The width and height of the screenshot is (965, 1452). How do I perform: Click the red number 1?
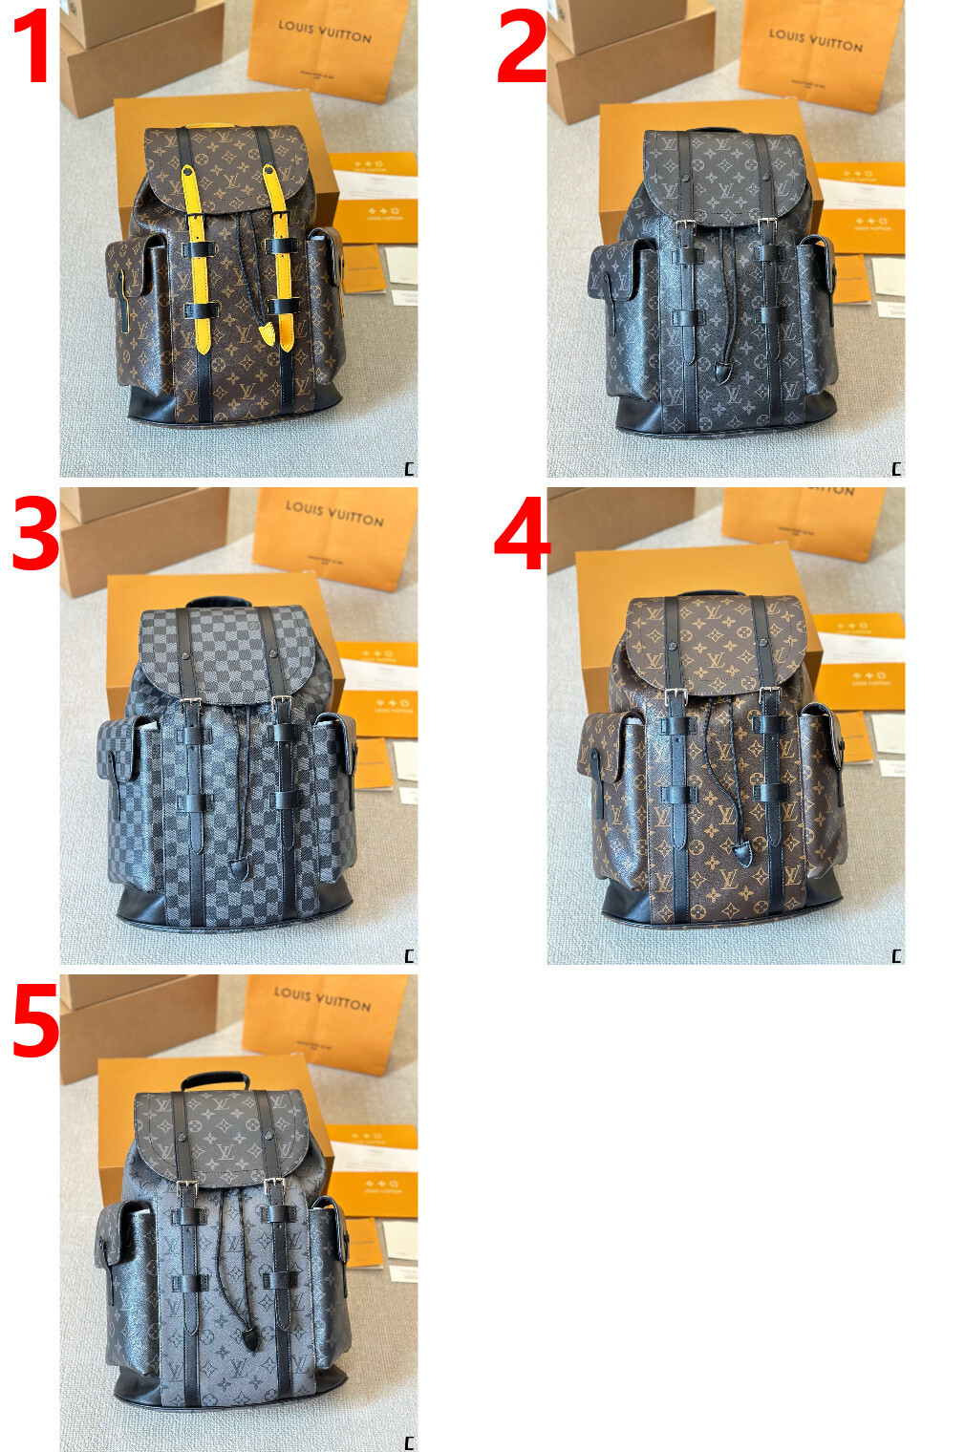point(32,45)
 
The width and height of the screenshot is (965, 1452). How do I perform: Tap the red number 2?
point(522,45)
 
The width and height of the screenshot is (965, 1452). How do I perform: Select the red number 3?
point(34,535)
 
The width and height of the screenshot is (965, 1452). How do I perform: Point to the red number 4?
point(522,535)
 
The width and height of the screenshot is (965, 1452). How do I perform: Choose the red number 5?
point(34,1022)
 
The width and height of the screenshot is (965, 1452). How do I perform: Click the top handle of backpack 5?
point(217,1079)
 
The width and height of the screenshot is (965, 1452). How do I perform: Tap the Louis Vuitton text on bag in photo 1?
point(324,32)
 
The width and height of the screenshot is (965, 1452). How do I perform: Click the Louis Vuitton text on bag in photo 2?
point(815,39)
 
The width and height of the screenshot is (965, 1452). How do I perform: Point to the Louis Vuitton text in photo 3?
point(333,513)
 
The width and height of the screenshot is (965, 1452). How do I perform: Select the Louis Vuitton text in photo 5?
point(322,998)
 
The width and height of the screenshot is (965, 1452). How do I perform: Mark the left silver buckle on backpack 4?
point(675,697)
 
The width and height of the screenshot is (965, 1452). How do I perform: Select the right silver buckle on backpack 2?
point(766,226)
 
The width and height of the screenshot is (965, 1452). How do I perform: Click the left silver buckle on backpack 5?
point(188,1188)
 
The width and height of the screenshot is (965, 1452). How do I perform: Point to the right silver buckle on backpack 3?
point(281,705)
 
